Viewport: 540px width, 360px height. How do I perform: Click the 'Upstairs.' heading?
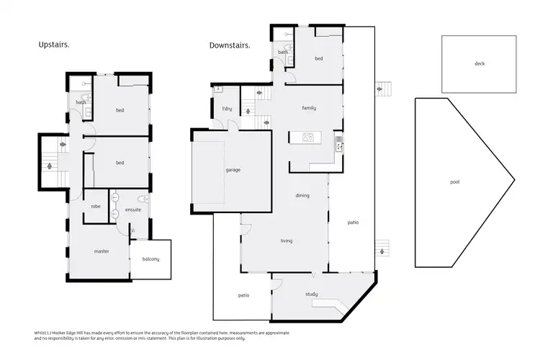[x=54, y=45]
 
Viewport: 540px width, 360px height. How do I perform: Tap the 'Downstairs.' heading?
[x=230, y=45]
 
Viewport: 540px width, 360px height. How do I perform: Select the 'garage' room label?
[x=233, y=170]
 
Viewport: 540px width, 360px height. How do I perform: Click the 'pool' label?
[x=454, y=182]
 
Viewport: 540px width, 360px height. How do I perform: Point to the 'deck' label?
[x=480, y=63]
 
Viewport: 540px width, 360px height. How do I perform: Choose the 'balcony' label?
[x=150, y=259]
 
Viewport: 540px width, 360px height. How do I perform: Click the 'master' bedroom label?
[x=101, y=251]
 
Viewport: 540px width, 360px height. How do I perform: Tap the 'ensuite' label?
[x=132, y=210]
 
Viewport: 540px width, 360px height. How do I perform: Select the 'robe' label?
[x=95, y=206]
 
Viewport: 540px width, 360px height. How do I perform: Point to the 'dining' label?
[x=302, y=195]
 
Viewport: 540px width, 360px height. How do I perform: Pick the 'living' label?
[x=286, y=240]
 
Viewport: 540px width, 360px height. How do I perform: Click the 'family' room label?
[x=309, y=108]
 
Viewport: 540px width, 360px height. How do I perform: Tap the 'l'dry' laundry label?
[x=225, y=109]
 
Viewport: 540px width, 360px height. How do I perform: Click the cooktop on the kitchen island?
[x=308, y=137]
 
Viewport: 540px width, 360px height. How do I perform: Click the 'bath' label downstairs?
[x=283, y=52]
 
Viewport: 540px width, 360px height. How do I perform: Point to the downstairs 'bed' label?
[x=318, y=58]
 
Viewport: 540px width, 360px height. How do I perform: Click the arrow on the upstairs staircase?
[x=50, y=166]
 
